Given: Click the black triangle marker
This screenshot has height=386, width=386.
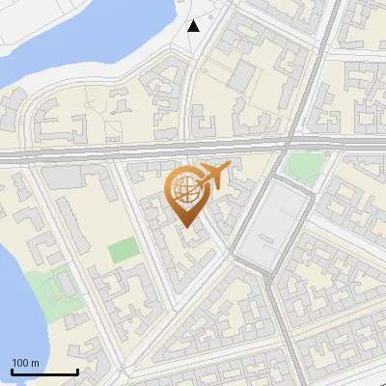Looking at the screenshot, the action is click(194, 25).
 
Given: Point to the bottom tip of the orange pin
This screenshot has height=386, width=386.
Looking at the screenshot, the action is click(186, 228).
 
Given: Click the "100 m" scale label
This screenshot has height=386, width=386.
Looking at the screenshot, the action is click(25, 363).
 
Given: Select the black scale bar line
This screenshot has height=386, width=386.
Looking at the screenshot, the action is click(44, 372).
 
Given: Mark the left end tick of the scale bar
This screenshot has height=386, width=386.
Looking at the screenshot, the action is click(12, 370).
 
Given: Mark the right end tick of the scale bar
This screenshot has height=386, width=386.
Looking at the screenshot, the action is click(77, 370).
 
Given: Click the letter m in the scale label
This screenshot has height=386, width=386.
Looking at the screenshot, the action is click(35, 363).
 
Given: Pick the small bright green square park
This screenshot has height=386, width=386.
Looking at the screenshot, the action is click(123, 251).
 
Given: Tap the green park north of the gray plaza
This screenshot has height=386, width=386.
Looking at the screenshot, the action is click(302, 166).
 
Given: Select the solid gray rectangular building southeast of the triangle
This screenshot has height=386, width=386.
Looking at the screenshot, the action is click(242, 76).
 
